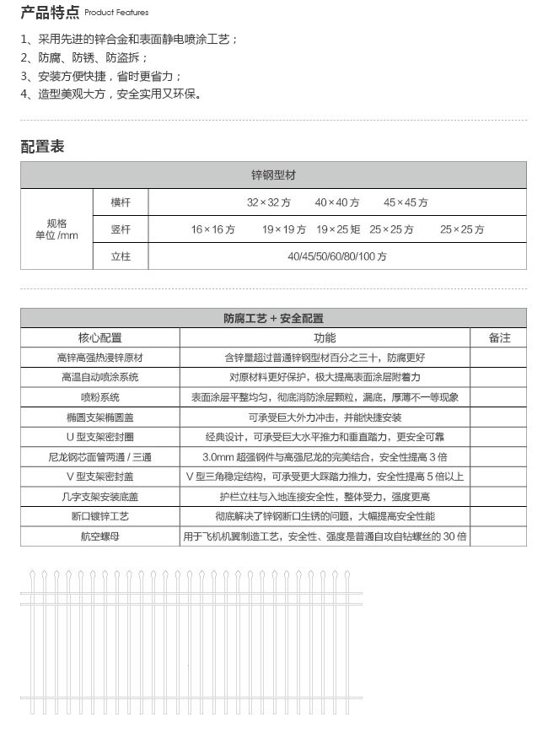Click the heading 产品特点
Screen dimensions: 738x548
tap(50, 12)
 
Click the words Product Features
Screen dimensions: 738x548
tap(116, 13)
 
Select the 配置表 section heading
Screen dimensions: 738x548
tap(42, 147)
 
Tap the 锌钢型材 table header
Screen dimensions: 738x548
tap(273, 175)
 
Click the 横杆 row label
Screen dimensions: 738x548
tap(121, 202)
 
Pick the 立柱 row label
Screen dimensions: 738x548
tap(121, 256)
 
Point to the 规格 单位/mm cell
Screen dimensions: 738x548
tap(56, 229)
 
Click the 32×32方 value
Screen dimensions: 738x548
tap(268, 202)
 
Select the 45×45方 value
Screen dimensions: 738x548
tap(406, 202)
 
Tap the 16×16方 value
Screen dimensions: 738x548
tap(212, 229)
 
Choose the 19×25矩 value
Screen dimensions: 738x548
tap(338, 229)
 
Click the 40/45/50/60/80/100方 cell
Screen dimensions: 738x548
tap(337, 256)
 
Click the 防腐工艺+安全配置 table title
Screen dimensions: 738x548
tap(273, 319)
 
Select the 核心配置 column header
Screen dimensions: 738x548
tap(99, 337)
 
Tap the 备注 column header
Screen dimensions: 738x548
tap(499, 337)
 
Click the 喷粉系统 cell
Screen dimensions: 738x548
tap(99, 397)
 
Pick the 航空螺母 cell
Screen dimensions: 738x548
tap(99, 536)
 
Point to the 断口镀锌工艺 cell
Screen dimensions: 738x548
tap(99, 516)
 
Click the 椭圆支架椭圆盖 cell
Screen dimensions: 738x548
tap(99, 417)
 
